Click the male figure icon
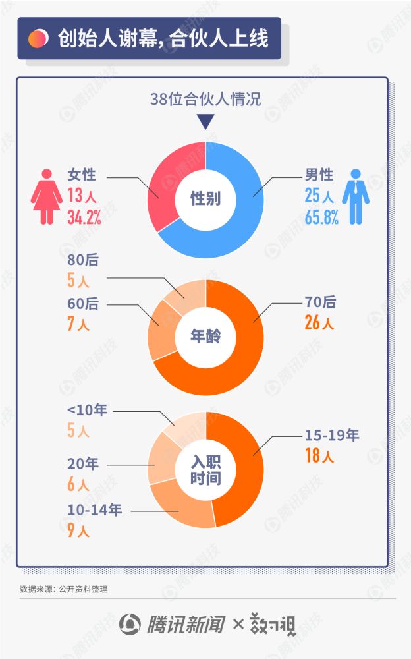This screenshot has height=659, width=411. [x=356, y=196]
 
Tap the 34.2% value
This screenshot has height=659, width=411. [x=84, y=218]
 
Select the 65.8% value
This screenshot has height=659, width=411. [x=321, y=218]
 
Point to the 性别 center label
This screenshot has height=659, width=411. [x=205, y=198]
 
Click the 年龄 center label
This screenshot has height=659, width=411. [x=205, y=337]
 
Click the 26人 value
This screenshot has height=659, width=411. [x=319, y=323]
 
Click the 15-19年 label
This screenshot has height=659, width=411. [x=331, y=435]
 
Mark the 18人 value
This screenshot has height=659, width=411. [x=319, y=455]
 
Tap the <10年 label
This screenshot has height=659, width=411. [x=86, y=411]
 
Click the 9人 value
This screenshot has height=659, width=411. [x=78, y=530]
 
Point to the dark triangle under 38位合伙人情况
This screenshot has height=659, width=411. [x=205, y=122]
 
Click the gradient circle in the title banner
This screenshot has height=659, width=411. [x=38, y=38]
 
